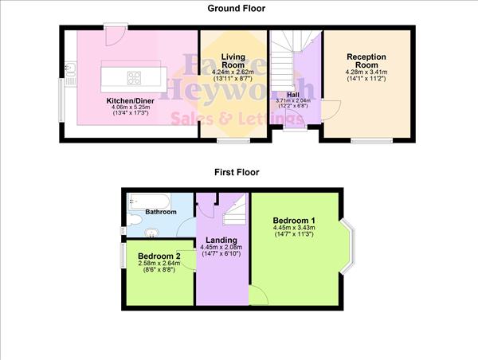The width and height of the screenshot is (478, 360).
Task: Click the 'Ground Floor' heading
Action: coord(237,9)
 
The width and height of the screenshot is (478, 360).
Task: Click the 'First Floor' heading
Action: coord(237,171)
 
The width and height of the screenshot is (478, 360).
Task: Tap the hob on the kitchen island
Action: coord(133,78)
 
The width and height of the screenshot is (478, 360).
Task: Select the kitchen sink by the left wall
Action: coord(71,72)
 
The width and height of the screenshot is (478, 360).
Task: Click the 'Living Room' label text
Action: coord(233,61)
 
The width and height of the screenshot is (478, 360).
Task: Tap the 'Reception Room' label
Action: coord(366,61)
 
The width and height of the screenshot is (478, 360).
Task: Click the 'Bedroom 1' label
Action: coord(294,221)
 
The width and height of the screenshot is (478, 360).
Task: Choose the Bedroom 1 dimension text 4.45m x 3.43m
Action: coord(294,229)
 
